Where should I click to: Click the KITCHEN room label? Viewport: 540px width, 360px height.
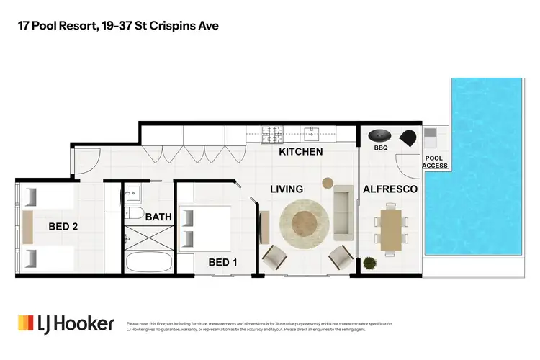300,152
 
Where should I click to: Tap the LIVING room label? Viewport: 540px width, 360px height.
286,189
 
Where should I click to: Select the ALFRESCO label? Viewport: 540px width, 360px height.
390,189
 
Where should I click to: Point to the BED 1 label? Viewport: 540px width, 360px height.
222,263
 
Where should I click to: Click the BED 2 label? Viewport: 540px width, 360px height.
63,226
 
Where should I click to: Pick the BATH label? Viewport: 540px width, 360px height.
158,217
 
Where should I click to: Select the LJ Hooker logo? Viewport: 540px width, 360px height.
66,323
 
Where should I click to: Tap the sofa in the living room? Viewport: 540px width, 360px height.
342,212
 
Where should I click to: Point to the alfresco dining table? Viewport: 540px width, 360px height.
390,228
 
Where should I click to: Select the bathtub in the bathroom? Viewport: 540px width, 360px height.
148,261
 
